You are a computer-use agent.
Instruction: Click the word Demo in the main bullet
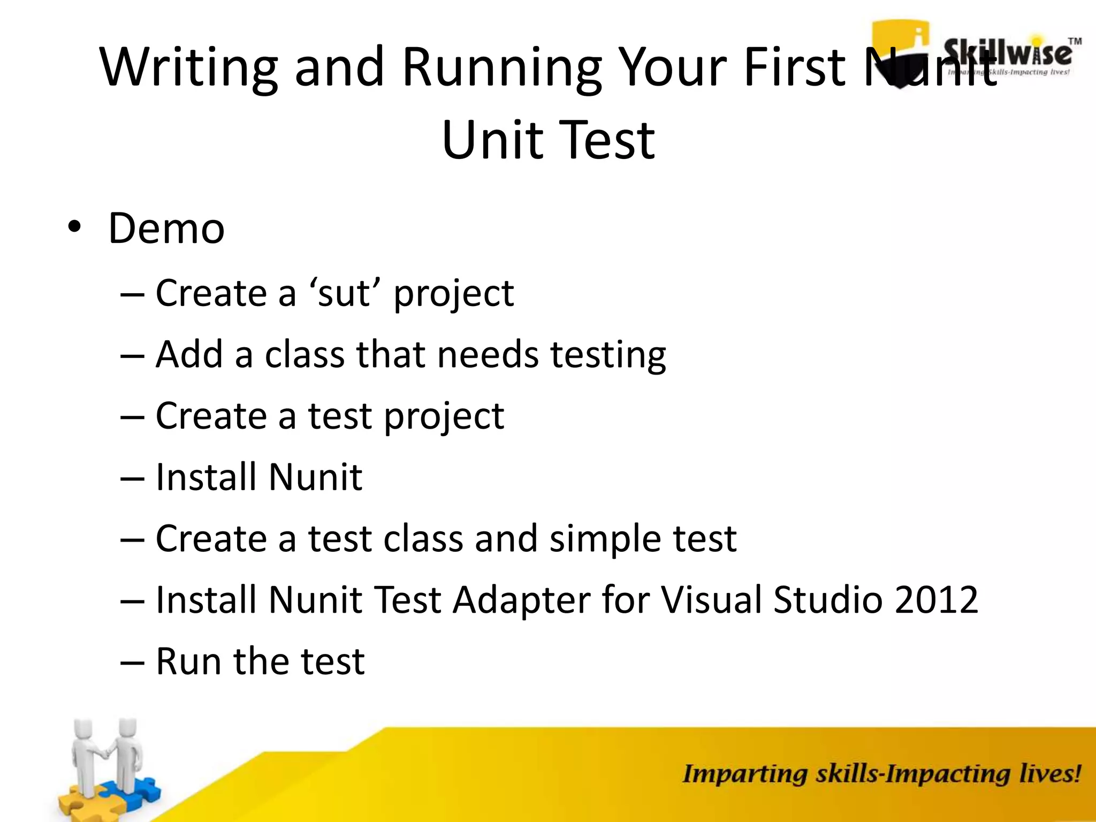click(166, 229)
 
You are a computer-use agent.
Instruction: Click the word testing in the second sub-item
click(608, 355)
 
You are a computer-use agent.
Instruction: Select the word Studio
click(827, 599)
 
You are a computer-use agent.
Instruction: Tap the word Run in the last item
click(188, 661)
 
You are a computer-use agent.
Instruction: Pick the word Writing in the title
click(188, 68)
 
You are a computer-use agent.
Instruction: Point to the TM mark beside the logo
click(1075, 41)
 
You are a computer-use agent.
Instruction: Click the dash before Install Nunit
click(132, 477)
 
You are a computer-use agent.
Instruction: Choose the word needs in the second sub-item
click(488, 355)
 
